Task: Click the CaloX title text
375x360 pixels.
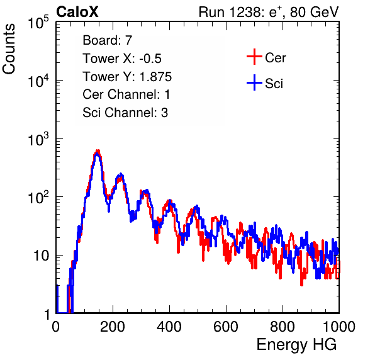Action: coord(77,12)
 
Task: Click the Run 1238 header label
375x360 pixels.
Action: coord(269,12)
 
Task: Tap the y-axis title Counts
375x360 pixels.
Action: coord(9,49)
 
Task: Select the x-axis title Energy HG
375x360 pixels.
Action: coord(296,345)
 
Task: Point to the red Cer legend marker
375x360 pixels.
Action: coord(254,57)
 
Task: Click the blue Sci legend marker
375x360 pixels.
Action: coord(254,83)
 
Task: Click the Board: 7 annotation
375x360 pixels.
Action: coord(108,40)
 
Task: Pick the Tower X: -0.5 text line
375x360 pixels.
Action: coord(122,59)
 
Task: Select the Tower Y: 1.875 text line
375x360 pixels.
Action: coord(127,77)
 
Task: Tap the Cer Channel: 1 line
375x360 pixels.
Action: coord(126,94)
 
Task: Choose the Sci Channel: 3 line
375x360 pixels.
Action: coord(125,113)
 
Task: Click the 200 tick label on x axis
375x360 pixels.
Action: coord(113,327)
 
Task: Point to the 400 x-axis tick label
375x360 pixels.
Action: coord(169,327)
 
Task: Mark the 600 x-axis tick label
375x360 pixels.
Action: coord(226,327)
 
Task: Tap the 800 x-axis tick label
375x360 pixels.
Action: coord(283,327)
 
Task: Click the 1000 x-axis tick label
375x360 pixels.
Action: coord(339,327)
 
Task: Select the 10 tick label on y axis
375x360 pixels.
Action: coord(42,256)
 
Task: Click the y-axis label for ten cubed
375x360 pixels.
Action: coord(39,139)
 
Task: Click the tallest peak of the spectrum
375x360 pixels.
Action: coord(97,151)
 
